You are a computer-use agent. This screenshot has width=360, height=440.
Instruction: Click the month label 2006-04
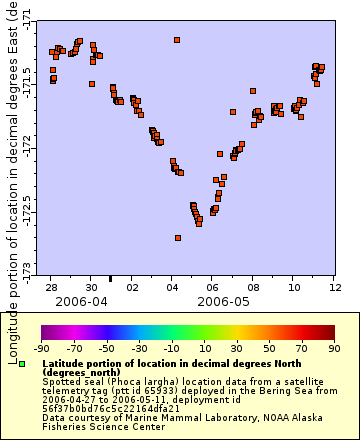[x=82, y=301]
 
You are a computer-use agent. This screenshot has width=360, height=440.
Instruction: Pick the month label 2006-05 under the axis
[x=223, y=301]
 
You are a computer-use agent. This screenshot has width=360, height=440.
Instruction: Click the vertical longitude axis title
[x=11, y=140]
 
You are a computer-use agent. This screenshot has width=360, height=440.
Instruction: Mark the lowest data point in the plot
[x=178, y=238]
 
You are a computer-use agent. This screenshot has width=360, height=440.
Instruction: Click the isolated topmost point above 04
[x=177, y=40]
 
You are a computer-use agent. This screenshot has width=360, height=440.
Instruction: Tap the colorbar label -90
[x=42, y=349]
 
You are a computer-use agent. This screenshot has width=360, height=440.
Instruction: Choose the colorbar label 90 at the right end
[x=334, y=349]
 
